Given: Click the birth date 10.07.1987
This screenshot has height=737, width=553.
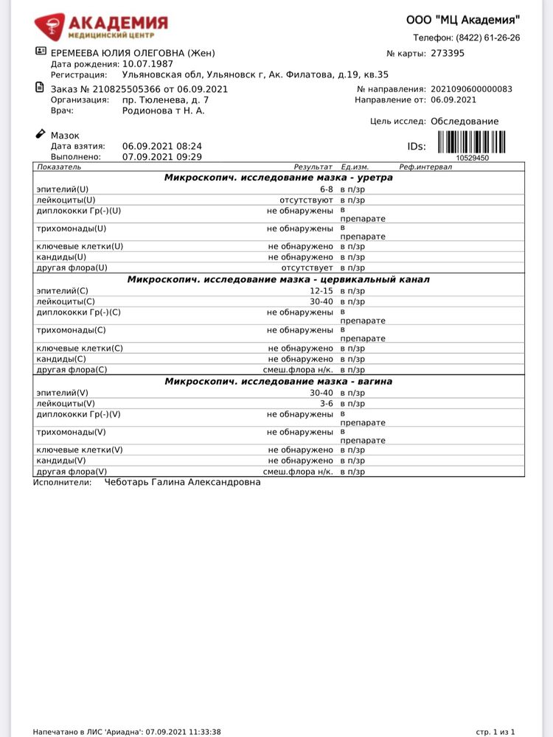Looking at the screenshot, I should point(148,64).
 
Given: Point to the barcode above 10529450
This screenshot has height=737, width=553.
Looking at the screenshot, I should point(472,142).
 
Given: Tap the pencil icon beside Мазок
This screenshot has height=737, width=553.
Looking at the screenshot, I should point(40,134).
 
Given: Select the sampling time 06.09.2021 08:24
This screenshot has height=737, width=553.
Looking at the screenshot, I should point(161,146).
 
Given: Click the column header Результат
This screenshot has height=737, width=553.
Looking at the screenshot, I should point(313,168).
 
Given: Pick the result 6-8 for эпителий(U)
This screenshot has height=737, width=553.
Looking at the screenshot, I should point(321,189).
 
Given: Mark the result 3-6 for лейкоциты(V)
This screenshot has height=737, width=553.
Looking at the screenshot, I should point(324,403).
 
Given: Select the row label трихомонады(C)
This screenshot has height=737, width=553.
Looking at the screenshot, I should point(71,330).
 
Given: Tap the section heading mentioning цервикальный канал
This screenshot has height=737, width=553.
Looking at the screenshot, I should point(278,279).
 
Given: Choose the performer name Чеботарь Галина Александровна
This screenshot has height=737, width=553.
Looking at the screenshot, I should point(182,482).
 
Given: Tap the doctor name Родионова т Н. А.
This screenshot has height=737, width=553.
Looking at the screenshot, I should point(163,111).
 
